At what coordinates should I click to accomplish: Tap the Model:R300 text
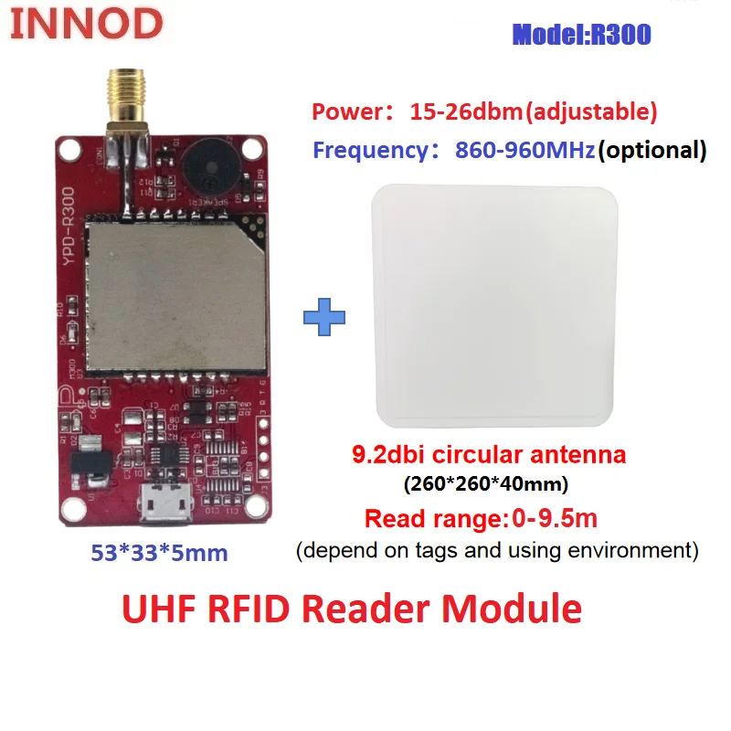pyautogui.click(x=581, y=35)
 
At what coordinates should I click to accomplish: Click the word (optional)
pyautogui.click(x=652, y=150)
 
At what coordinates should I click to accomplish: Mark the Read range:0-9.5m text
pyautogui.click(x=481, y=519)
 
